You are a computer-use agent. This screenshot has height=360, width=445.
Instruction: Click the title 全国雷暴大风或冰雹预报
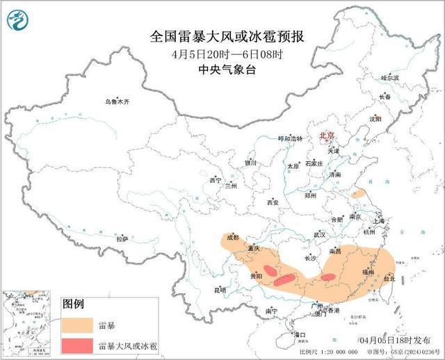[x=222, y=37]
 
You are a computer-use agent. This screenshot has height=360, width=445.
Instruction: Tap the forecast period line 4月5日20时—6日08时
[x=222, y=54]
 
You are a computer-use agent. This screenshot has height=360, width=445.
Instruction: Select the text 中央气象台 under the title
[x=222, y=69]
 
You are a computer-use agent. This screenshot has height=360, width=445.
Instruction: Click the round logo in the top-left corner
[x=19, y=19]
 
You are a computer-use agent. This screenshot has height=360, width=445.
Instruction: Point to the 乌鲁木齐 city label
[x=118, y=101]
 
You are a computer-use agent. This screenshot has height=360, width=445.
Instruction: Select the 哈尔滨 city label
[x=391, y=79]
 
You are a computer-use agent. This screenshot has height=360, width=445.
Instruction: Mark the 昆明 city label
[x=220, y=289]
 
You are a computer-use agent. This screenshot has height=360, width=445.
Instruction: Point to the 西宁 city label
[x=215, y=181]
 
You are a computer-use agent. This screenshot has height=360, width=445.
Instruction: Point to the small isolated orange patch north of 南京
[x=358, y=195]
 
